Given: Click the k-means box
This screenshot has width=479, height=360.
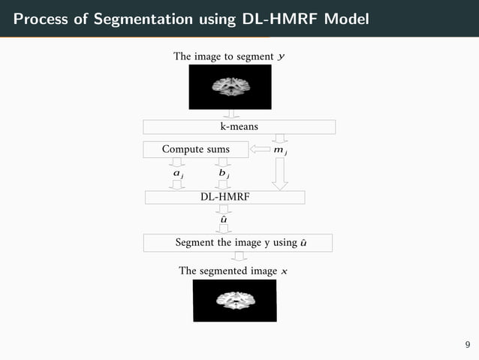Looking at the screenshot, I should tap(239, 127).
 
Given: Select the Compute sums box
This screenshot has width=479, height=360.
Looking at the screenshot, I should tap(196, 150).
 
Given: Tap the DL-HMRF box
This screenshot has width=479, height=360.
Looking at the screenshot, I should tap(224, 197).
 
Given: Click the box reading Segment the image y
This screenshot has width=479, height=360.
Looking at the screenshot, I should tap(237, 243).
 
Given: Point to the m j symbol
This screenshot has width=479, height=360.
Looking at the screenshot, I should tap(281, 150).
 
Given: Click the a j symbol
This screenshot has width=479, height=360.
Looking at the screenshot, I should tap(178, 174).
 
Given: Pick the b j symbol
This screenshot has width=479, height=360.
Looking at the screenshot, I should tap(223, 174).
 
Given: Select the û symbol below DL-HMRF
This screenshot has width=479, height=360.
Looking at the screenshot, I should tap(224, 219).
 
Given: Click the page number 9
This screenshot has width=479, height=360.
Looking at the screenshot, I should tap(468, 345).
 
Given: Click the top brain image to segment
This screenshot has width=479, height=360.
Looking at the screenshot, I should tap(230, 86).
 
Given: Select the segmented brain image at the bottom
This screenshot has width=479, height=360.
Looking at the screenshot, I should tap(235, 301).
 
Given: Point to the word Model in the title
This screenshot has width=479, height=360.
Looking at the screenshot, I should tap(346, 18).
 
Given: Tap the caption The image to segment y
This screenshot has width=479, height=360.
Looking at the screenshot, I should tap(229, 56).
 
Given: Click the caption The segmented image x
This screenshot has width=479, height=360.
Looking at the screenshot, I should tap(228, 271).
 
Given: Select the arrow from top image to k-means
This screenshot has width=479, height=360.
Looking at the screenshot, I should tap(230, 114).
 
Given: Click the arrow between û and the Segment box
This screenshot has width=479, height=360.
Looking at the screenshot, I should tap(224, 230).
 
